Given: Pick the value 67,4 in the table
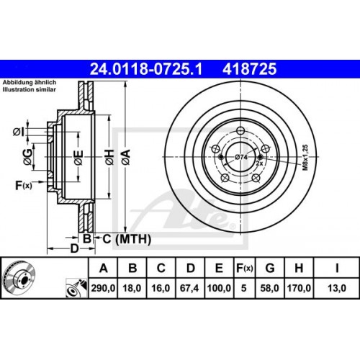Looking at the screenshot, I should (190, 287).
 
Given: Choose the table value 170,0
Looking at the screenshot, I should (298, 287).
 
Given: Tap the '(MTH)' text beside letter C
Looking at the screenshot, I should (120, 238).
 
